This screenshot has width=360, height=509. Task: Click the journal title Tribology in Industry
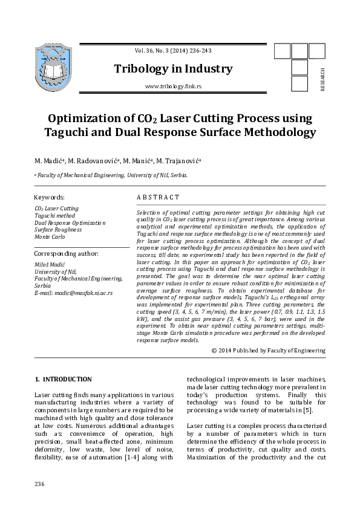[172, 69]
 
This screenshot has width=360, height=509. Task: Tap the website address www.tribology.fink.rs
[173, 87]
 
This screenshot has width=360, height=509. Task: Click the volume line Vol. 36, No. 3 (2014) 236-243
[173, 51]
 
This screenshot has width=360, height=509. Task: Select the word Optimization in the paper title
[90, 117]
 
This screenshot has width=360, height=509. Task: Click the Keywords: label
[49, 197]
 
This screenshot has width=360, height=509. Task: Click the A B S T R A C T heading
[158, 197]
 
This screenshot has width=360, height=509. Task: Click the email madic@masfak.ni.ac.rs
[74, 293]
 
